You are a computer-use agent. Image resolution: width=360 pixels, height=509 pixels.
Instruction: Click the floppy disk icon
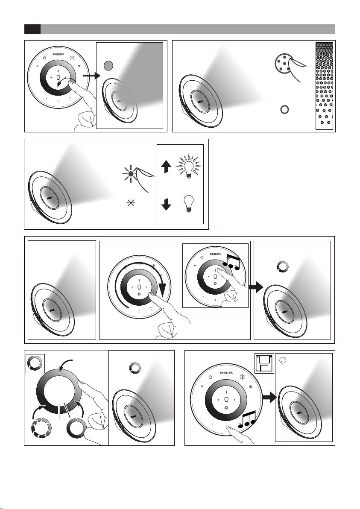point(264,363)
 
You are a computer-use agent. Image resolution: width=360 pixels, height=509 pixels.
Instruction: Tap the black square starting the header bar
point(32,29)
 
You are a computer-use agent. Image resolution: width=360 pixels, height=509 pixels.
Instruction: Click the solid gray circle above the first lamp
point(108,66)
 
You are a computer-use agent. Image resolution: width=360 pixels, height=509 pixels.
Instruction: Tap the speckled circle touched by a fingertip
point(283,62)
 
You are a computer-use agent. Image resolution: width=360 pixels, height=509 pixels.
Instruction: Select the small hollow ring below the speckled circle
point(284,109)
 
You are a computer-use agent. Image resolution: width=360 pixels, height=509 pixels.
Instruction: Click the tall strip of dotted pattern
point(324,86)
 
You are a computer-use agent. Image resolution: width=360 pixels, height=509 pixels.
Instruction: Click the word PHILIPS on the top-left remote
point(59,55)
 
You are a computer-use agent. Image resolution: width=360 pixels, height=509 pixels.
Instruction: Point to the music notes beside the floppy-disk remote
point(247,419)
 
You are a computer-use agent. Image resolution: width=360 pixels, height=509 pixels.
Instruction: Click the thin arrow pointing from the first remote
point(92,76)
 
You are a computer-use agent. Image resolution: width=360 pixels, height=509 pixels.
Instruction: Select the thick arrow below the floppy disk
point(269,397)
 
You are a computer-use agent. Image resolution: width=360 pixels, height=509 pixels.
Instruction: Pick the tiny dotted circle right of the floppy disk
point(282,361)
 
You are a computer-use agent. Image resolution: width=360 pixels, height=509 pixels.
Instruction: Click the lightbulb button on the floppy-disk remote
point(226,399)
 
